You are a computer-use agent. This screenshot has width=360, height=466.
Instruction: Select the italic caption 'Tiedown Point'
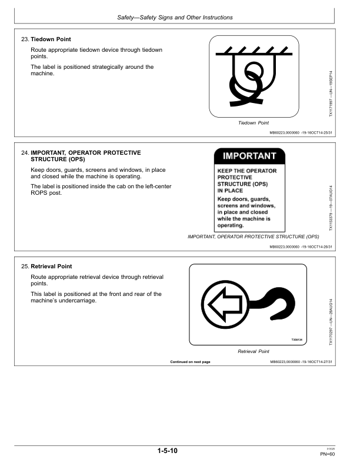[x=253, y=123]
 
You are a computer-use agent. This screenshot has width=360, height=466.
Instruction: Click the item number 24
[x=25, y=153]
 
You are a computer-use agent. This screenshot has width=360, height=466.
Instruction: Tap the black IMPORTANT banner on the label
[x=249, y=157]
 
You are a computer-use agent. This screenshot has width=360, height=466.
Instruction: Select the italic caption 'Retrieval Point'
[x=253, y=351]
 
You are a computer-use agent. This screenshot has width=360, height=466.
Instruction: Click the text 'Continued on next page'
[x=190, y=361]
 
